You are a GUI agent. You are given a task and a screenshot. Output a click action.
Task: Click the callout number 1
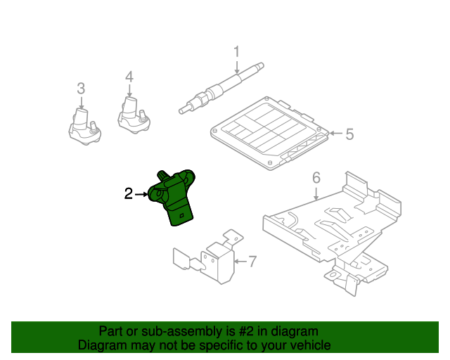236,52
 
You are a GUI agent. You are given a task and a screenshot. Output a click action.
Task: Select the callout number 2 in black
129,194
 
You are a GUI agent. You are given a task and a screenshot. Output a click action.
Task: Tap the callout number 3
82,89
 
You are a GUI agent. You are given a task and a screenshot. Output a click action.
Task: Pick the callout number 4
129,77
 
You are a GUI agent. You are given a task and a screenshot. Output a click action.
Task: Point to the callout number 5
349,134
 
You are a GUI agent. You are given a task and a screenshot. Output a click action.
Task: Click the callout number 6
316,178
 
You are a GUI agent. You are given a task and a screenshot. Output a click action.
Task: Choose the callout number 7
252,262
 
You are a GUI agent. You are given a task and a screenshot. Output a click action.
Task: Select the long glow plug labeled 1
221,88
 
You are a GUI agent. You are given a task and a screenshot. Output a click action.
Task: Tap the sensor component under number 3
84,127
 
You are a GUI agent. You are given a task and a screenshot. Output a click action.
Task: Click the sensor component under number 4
134,116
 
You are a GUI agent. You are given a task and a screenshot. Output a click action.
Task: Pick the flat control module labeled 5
270,133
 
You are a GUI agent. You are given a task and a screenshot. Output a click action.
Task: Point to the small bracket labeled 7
208,257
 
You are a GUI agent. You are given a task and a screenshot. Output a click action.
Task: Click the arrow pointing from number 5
336,133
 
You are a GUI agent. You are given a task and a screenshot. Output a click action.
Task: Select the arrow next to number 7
240,262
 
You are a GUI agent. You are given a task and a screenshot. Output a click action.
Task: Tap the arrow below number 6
316,194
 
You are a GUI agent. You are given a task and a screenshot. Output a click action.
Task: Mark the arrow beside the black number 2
142,194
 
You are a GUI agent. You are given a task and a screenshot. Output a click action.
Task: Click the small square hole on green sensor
181,215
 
